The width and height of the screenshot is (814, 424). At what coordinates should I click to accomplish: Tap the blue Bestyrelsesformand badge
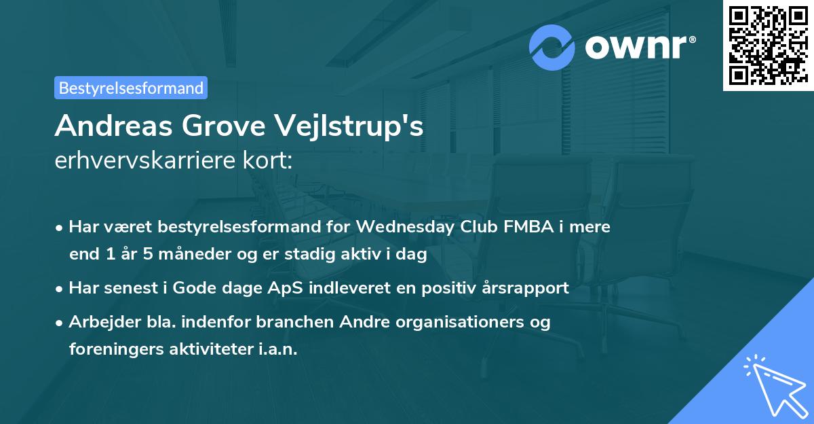[131, 88]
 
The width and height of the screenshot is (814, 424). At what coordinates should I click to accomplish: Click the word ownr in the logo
[636, 46]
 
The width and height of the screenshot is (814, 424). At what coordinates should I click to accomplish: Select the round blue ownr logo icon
[553, 46]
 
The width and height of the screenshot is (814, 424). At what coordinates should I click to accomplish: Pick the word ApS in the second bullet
[282, 287]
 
